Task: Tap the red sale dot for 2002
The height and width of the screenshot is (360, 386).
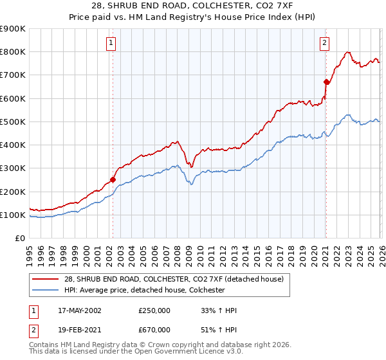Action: [113, 180]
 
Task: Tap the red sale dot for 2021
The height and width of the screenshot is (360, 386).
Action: [326, 82]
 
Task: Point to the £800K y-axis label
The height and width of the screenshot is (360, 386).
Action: [13, 52]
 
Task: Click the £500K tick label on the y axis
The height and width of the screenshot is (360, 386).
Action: [13, 122]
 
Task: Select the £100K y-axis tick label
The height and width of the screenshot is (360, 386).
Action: [13, 215]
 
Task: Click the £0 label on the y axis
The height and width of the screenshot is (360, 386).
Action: [21, 239]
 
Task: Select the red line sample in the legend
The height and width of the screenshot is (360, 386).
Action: [45, 279]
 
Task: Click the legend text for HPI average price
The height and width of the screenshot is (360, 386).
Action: [144, 290]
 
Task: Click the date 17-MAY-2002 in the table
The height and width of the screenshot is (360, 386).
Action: [80, 310]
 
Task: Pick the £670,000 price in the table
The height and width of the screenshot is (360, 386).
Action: [154, 329]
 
